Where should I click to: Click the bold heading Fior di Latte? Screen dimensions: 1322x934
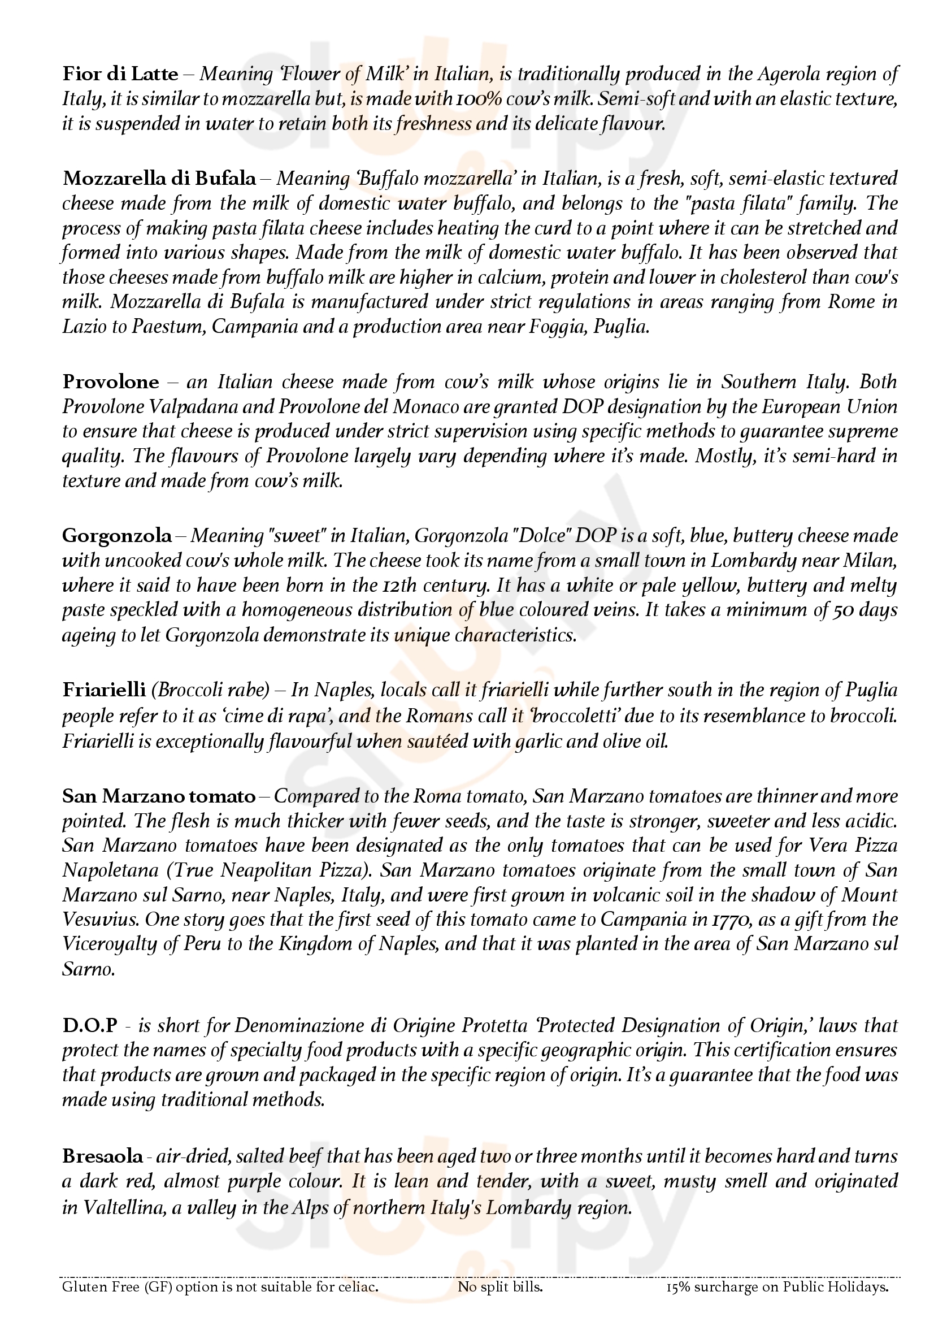click(120, 74)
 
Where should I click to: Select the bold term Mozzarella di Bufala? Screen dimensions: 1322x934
click(159, 179)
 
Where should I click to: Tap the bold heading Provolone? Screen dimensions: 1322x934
click(111, 382)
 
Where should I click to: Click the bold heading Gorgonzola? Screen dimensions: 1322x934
click(117, 536)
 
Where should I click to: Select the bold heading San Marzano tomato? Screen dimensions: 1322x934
click(159, 796)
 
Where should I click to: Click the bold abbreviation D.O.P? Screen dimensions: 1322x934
click(90, 1025)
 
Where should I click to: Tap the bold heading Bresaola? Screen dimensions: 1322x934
click(102, 1156)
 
